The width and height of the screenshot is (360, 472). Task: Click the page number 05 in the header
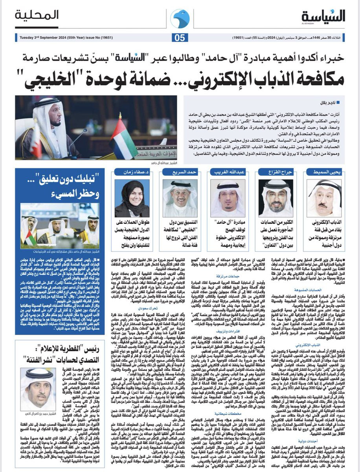[180, 38]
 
